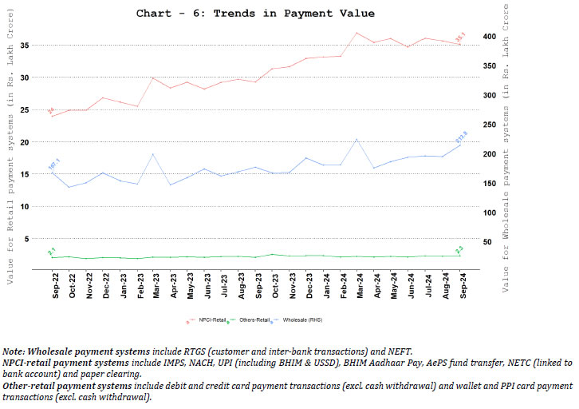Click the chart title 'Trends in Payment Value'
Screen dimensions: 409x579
coord(255,14)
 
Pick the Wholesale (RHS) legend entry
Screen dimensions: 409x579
coord(294,320)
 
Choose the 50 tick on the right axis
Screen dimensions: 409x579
coord(494,240)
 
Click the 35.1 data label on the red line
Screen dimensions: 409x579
coord(460,38)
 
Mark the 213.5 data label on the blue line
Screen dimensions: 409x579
coord(461,137)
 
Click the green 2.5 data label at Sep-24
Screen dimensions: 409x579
coord(459,250)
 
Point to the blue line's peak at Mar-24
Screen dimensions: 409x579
coord(356,140)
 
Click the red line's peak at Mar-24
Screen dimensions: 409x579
coord(356,33)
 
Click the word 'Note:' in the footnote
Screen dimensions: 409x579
coord(13,351)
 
